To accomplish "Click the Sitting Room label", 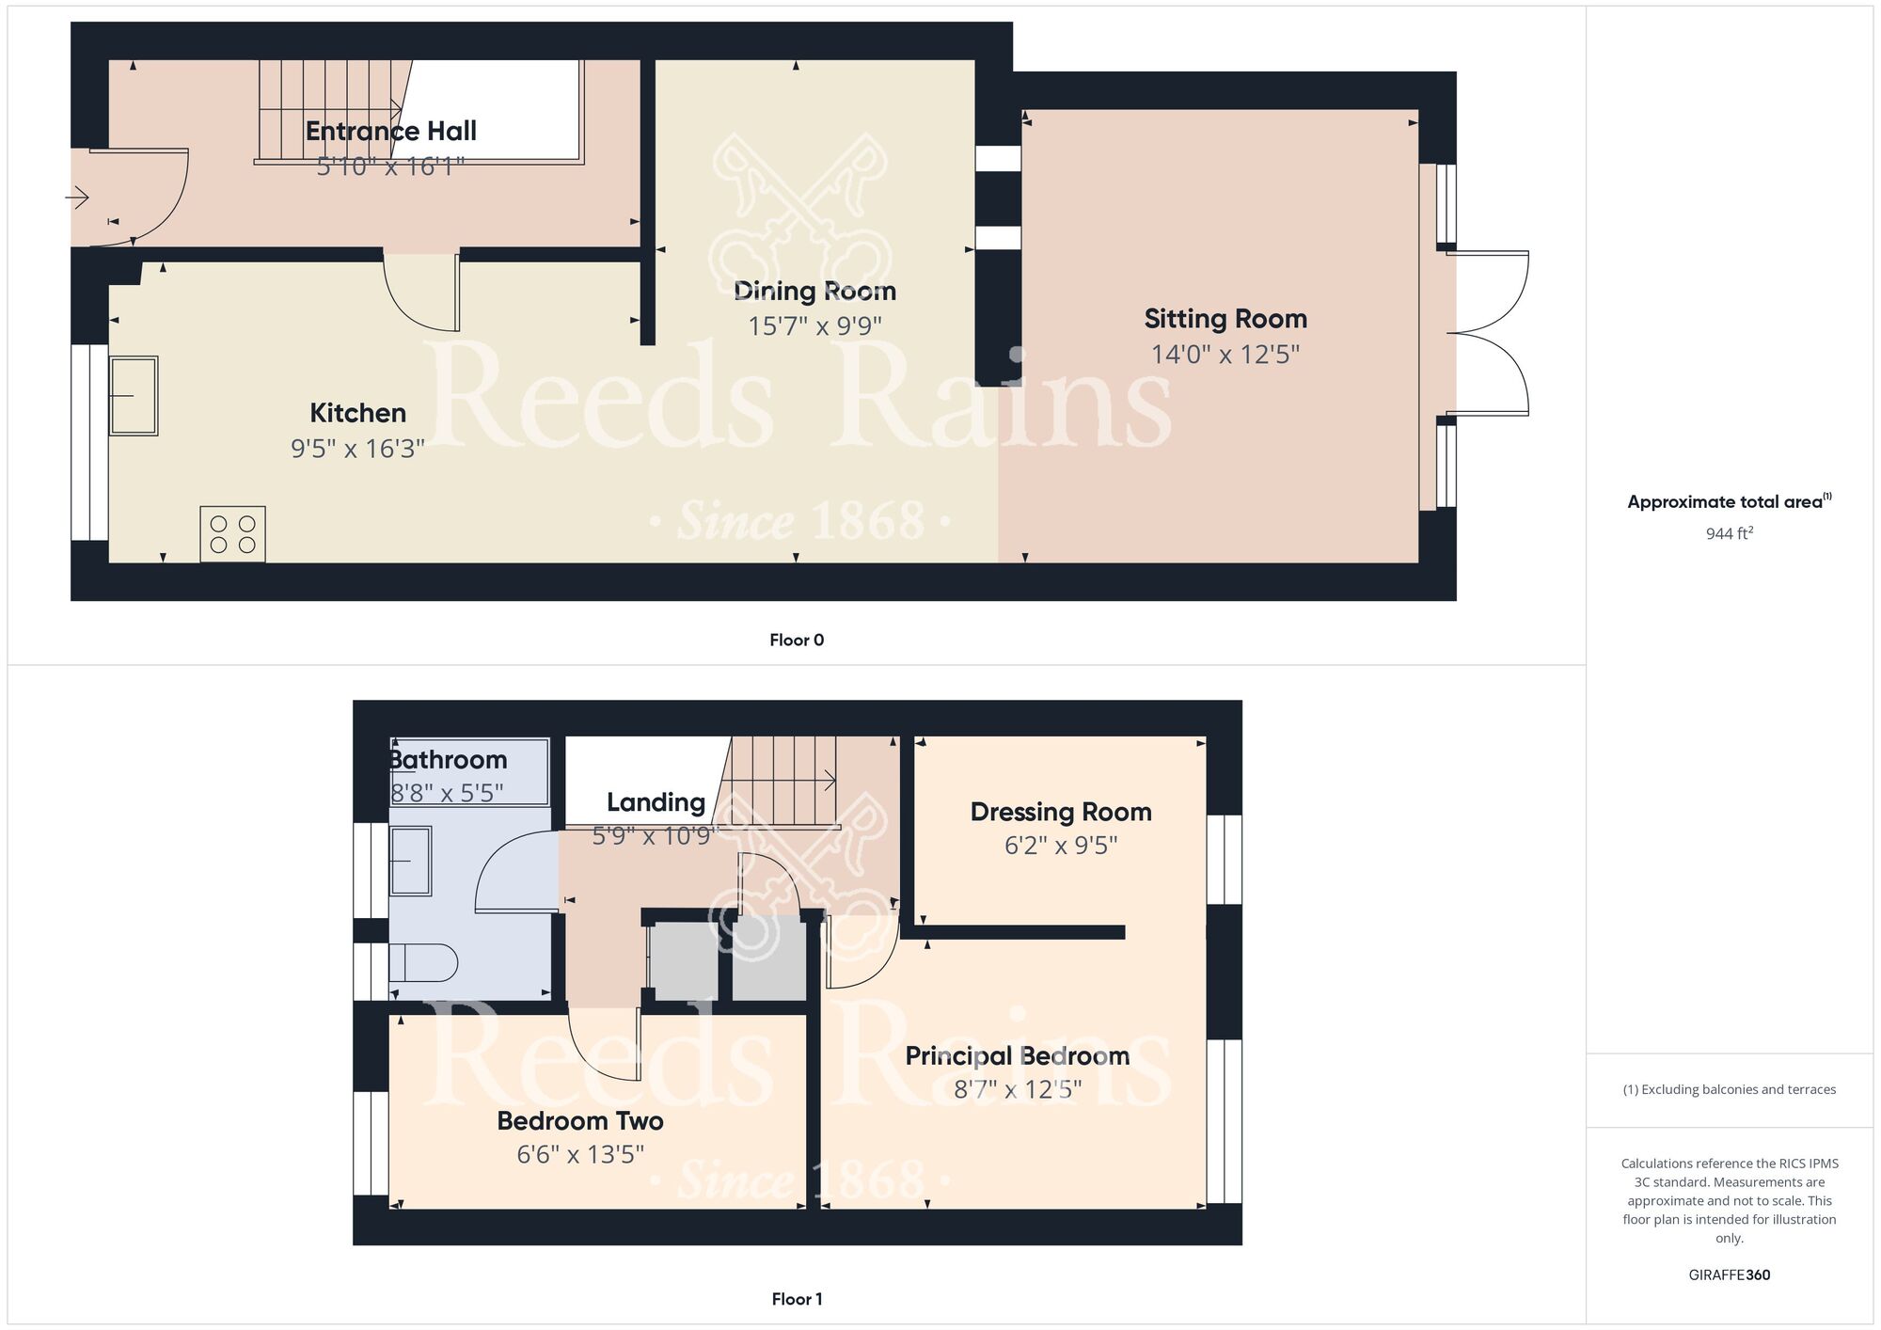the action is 1225,319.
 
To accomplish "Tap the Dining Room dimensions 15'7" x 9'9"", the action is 814,326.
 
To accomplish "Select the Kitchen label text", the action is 358,413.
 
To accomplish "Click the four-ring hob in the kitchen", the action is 233,534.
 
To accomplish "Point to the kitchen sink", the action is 134,396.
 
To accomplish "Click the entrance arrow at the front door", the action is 76,198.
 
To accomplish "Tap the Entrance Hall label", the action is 391,131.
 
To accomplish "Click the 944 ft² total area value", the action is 1730,533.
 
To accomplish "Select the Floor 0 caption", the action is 797,641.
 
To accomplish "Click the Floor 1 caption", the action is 797,1299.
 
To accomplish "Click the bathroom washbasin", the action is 411,861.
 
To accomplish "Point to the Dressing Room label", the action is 1061,812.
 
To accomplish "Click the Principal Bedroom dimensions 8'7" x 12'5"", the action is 1018,1089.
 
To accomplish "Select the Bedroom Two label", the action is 580,1121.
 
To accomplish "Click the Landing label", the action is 656,802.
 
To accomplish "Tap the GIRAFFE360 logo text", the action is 1730,1275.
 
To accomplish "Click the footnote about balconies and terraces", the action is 1730,1089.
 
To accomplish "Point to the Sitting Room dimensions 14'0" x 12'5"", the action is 1225,355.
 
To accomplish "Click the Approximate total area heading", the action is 1730,501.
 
